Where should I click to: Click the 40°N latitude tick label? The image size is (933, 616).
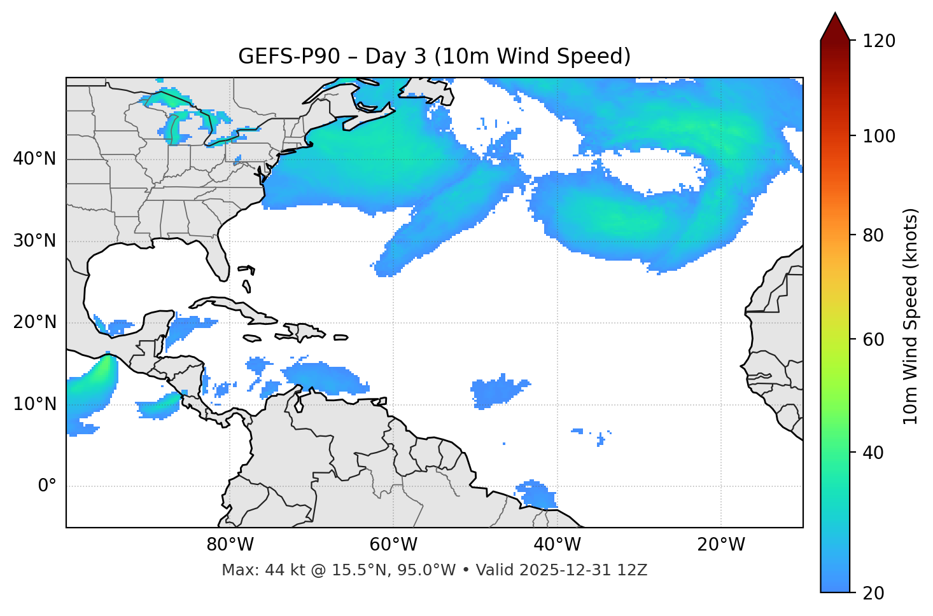pos(35,159)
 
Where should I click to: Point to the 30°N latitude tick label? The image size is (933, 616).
pos(35,241)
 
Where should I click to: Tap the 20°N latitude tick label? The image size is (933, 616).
pos(35,322)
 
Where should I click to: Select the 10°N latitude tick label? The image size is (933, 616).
pos(35,404)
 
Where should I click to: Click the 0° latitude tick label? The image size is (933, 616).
pos(47,486)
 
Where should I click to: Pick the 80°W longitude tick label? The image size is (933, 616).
pos(230,545)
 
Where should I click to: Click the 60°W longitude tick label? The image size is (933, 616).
pos(393,545)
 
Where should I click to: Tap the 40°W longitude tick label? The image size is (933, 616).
pos(557,545)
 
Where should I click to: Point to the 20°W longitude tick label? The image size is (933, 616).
pos(721,545)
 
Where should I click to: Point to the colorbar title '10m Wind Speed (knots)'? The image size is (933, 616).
pos(911,316)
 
